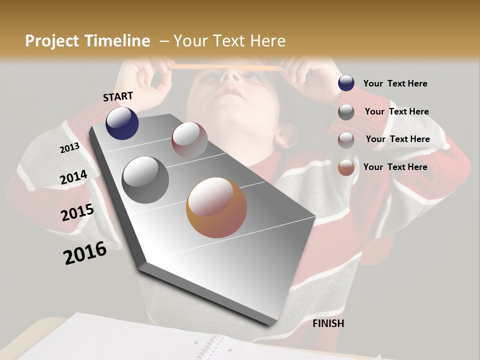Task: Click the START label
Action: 118,96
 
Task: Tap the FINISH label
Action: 328,323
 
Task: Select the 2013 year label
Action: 69,147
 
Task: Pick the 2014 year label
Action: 73,177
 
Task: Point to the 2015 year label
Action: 77,212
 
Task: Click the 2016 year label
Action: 85,253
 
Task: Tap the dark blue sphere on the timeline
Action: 122,123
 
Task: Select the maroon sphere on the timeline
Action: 189,139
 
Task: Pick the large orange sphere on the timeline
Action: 216,207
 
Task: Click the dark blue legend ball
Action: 346,83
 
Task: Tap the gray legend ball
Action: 346,112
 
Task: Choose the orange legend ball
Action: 346,167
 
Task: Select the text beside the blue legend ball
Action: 395,83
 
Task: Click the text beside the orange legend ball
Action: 395,167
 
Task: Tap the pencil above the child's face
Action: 225,67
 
